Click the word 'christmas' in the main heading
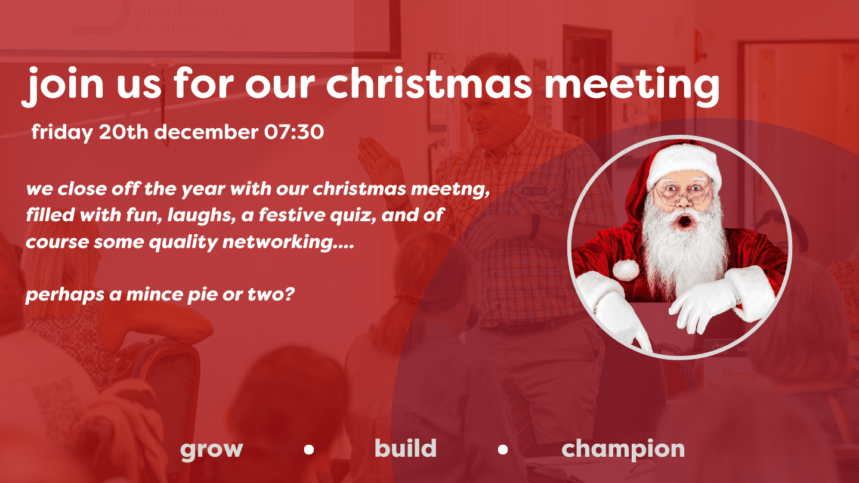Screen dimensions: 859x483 (x=428, y=83)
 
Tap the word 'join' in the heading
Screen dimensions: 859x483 (x=62, y=86)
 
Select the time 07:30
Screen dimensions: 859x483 (x=294, y=132)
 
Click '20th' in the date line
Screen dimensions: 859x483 (x=123, y=132)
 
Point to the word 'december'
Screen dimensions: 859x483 (x=206, y=132)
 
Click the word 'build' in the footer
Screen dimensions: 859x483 (x=406, y=448)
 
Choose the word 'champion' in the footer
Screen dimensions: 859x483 (x=623, y=449)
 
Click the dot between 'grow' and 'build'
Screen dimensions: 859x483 (x=309, y=449)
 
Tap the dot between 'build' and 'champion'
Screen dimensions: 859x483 (x=503, y=449)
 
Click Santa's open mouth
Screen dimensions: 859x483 (x=685, y=221)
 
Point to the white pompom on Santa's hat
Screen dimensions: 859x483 (x=626, y=270)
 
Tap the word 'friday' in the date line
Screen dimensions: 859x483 (x=62, y=132)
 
